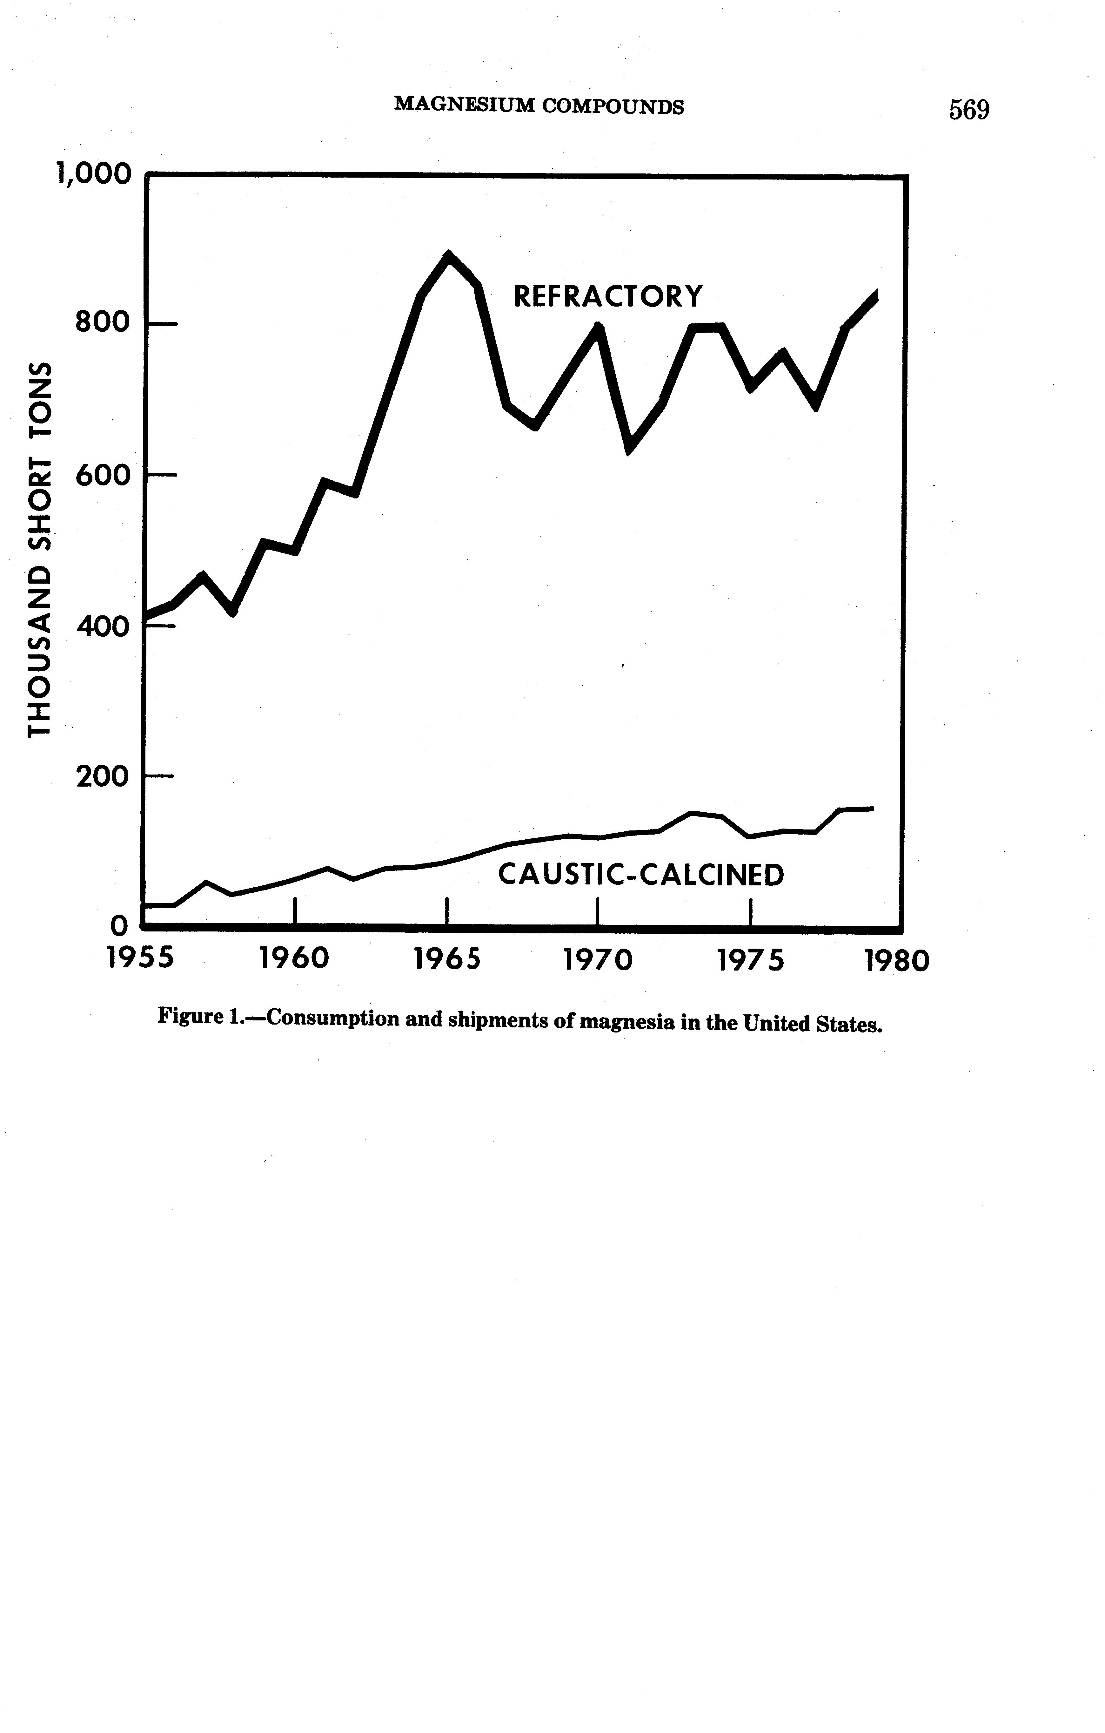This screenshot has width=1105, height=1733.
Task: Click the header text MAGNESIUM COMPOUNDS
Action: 539,106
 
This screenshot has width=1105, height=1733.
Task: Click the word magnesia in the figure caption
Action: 627,1022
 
